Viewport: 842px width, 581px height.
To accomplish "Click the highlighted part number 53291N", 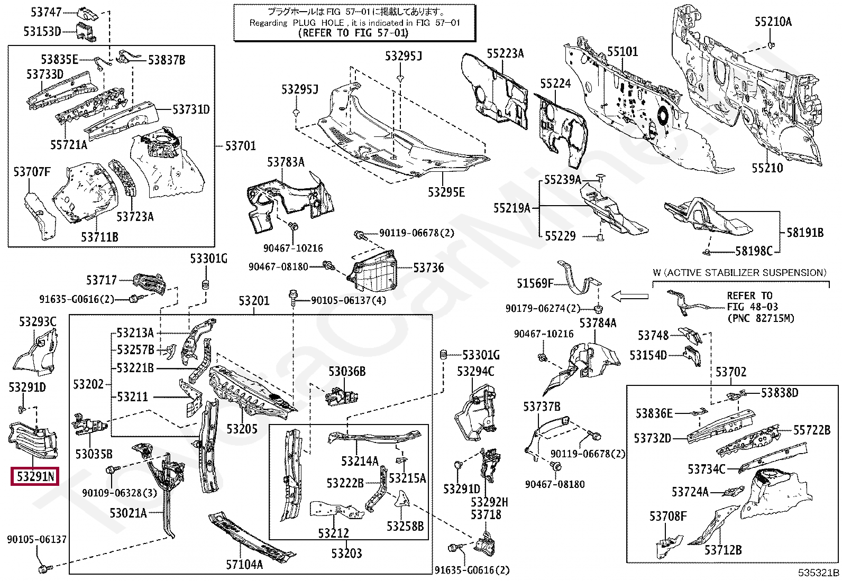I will pyautogui.click(x=35, y=476).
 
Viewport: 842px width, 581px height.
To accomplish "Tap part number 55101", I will pyautogui.click(x=622, y=51).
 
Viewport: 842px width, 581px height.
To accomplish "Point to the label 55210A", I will pyautogui.click(x=773, y=22).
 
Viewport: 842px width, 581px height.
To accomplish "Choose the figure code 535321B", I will pyautogui.click(x=818, y=573).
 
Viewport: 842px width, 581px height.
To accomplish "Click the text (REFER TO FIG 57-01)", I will pyautogui.click(x=353, y=33).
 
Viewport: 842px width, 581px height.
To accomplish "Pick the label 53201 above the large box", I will pyautogui.click(x=254, y=301).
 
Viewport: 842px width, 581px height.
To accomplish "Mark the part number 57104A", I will pyautogui.click(x=244, y=565).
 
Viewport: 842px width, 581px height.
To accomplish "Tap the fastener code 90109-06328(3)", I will pyautogui.click(x=120, y=493).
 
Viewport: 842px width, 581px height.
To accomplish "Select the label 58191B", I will pyautogui.click(x=805, y=233).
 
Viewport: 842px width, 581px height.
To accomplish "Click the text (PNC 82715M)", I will pyautogui.click(x=761, y=318).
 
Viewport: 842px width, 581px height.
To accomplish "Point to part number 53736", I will pyautogui.click(x=428, y=268).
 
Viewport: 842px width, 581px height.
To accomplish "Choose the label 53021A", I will pyautogui.click(x=128, y=513).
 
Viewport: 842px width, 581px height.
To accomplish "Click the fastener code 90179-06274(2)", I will pyautogui.click(x=543, y=308).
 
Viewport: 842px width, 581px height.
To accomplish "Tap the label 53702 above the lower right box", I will pyautogui.click(x=731, y=372).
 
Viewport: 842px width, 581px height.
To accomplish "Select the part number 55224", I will pyautogui.click(x=555, y=84).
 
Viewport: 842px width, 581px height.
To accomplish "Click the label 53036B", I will pyautogui.click(x=347, y=372).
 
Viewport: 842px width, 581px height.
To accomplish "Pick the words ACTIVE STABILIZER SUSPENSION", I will pyautogui.click(x=745, y=273).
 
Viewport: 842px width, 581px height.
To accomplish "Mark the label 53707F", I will pyautogui.click(x=32, y=171).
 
